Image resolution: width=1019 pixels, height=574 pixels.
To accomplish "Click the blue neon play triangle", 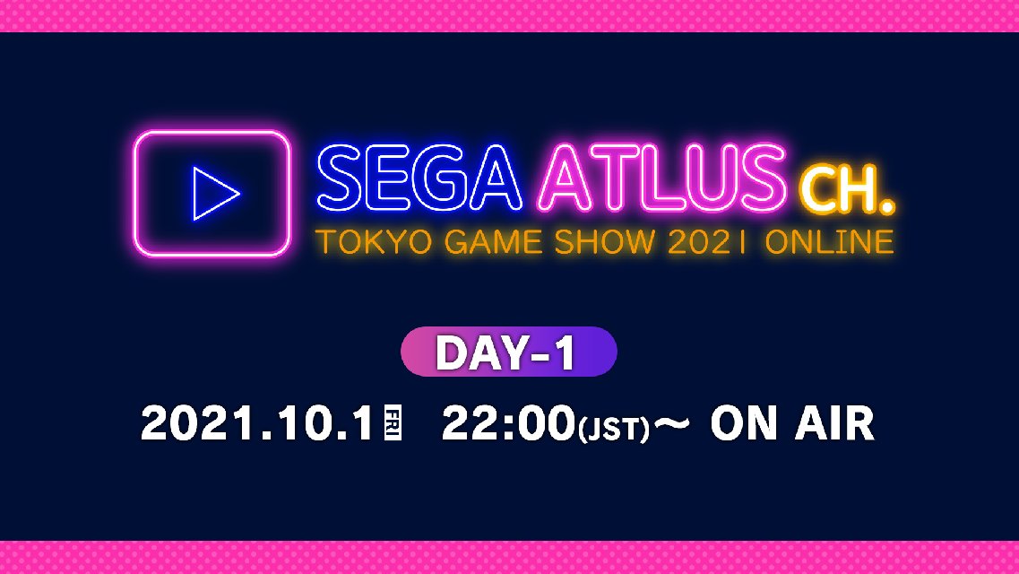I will [216, 193].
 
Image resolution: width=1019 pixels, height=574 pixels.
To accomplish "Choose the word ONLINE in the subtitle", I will [829, 242].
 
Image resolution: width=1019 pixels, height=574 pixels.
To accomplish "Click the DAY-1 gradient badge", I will [508, 352].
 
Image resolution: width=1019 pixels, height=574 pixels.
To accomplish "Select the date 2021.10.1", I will [256, 424].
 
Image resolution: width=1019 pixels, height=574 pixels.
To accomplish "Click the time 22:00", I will [507, 424].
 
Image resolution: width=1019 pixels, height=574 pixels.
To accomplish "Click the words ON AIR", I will [791, 424].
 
